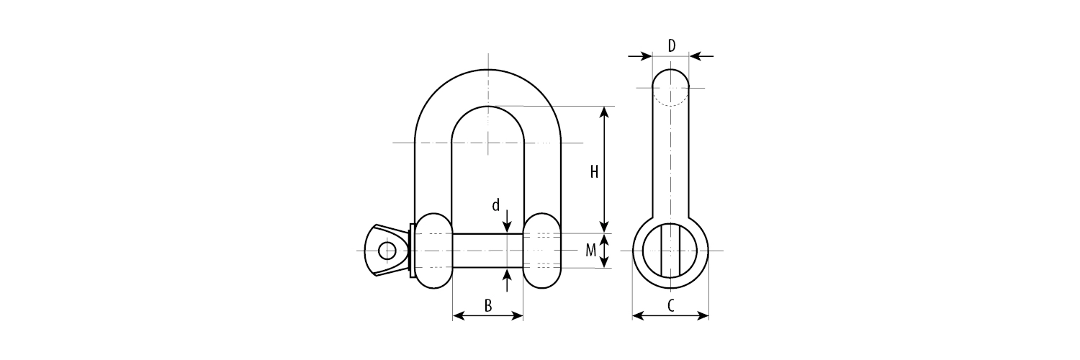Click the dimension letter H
tap(594, 172)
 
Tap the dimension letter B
tap(487, 306)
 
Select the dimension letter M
tap(590, 251)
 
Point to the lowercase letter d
tap(495, 206)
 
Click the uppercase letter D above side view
tap(671, 46)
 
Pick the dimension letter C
tap(670, 306)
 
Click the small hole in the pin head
tap(387, 251)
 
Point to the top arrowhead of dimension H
tap(605, 112)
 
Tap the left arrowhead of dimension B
tap(457, 315)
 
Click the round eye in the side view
tap(671, 251)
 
